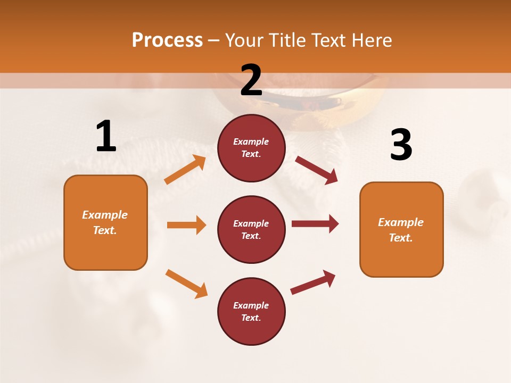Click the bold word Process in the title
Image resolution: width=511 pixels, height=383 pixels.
(x=167, y=40)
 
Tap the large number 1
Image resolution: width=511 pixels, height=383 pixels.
(x=106, y=137)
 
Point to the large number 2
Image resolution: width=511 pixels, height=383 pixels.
(x=251, y=80)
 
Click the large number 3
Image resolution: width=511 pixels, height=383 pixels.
(x=401, y=145)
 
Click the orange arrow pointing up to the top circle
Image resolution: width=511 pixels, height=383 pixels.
(x=185, y=170)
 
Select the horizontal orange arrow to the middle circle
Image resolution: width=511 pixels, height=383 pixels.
(x=186, y=225)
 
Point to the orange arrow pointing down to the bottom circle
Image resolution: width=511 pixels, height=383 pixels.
(x=186, y=284)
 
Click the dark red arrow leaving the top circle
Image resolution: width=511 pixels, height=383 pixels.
(x=317, y=170)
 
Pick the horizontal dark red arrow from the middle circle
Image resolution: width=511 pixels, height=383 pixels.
(x=315, y=223)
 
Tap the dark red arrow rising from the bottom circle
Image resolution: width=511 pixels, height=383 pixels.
(x=313, y=282)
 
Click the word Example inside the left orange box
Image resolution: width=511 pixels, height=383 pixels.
(x=105, y=215)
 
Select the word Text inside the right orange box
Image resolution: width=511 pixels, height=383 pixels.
(x=401, y=238)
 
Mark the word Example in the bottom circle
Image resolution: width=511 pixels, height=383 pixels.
(x=251, y=305)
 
